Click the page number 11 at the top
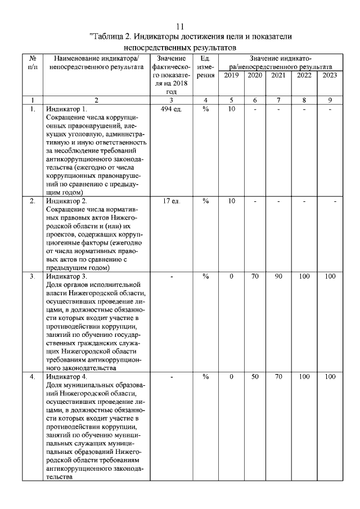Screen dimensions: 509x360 180,26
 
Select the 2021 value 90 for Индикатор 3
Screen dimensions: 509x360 278,276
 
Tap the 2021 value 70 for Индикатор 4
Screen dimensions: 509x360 278,376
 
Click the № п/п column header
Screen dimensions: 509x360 33,62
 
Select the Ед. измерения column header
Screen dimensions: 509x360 205,66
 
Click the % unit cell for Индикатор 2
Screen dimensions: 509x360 205,201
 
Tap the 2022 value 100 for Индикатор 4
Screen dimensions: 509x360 304,376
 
